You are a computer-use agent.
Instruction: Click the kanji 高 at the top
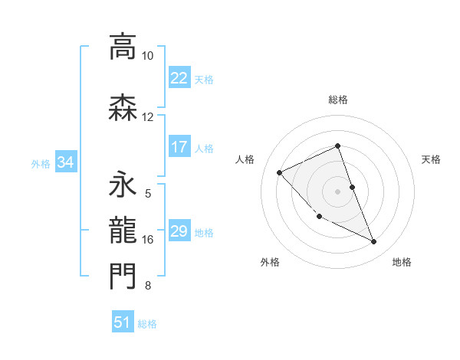(x=123, y=47)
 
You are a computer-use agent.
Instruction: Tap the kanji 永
(x=123, y=185)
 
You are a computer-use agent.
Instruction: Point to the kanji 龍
(x=123, y=231)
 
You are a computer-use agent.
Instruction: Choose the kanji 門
(x=123, y=277)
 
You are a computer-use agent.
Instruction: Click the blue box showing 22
(x=179, y=78)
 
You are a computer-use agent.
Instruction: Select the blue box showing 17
(x=179, y=147)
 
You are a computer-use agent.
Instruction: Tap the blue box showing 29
(x=179, y=231)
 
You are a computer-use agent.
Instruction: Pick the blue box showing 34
(x=65, y=162)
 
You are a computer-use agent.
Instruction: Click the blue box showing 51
(x=123, y=322)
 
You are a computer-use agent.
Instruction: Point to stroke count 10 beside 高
(x=148, y=56)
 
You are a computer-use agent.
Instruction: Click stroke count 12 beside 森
(x=148, y=117)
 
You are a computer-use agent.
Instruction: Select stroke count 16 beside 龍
(x=148, y=240)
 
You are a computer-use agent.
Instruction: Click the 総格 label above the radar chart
(x=338, y=100)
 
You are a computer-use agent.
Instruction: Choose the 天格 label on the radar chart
(x=432, y=159)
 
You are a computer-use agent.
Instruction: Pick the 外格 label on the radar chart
(x=270, y=262)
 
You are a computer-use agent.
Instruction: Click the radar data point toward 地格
(x=373, y=242)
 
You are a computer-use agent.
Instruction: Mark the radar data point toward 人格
(x=279, y=172)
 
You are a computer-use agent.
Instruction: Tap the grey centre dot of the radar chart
(x=338, y=191)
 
